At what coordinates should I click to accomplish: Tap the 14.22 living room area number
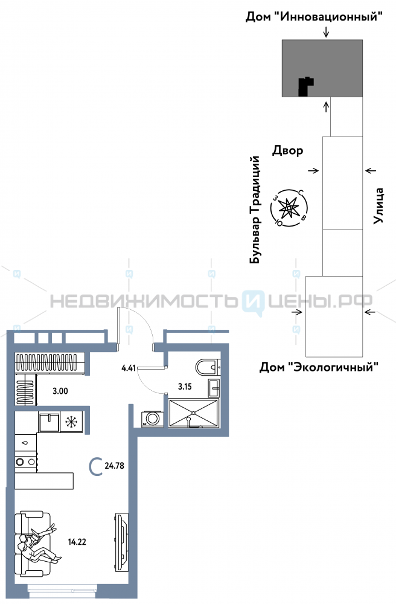click(77, 542)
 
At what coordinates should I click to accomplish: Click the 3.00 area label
click(60, 391)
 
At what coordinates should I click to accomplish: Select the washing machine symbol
click(151, 419)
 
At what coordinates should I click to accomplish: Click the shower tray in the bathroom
click(193, 412)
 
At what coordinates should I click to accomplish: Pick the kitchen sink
click(48, 421)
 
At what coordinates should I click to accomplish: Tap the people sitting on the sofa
click(36, 544)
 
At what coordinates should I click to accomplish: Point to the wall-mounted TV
click(121, 535)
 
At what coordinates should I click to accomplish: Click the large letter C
click(95, 466)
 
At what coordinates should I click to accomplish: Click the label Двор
click(287, 150)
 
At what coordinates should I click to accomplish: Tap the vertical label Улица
click(379, 206)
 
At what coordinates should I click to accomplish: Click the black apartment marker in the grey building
click(306, 86)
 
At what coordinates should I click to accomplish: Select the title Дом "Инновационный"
click(314, 17)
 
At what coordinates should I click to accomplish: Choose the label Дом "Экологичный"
click(319, 366)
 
